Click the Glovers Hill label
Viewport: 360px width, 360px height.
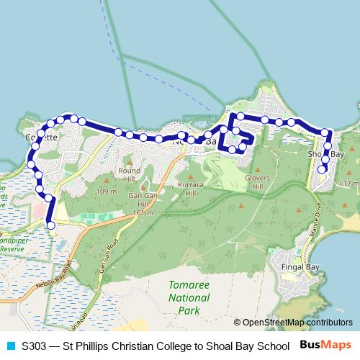pos(256,181)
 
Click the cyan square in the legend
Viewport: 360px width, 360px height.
pos(10,346)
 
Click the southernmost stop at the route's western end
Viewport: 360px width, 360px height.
pos(50,225)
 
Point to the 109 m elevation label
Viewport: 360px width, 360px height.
pos(105,192)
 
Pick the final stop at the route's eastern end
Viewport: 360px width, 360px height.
pos(323,169)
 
